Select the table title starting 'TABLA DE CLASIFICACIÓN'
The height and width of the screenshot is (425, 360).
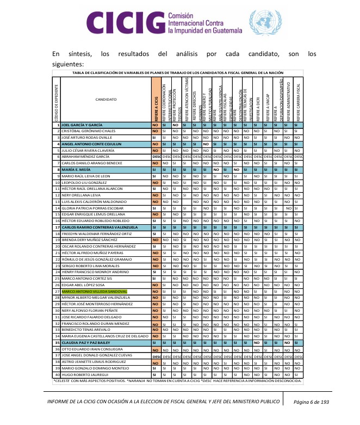177,72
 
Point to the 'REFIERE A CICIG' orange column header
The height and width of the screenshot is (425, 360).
155,100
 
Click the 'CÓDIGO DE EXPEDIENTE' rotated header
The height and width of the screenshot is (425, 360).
56,100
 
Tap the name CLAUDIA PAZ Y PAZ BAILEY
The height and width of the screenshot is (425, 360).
90,343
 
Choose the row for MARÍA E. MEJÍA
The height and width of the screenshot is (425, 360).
77,169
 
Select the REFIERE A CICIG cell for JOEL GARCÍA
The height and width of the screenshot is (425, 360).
155,125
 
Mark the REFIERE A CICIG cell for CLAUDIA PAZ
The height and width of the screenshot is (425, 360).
155,343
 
